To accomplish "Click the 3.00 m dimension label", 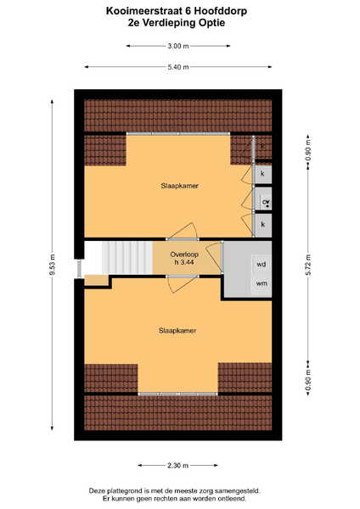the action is click(178, 46).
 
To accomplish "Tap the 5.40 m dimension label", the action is click(178, 67).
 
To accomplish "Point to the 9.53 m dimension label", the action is click(53, 265).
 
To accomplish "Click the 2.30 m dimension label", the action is click(177, 466).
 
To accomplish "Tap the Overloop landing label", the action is click(184, 255).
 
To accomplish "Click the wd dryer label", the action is click(262, 265).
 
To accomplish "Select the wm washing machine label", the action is click(262, 283).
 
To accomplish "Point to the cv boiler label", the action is click(266, 202).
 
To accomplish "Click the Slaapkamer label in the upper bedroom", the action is click(179, 186).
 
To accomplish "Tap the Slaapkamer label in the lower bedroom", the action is click(177, 331).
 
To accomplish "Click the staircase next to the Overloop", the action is click(127, 257).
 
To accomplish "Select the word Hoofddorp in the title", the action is click(221, 11).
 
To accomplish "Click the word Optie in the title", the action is click(211, 23).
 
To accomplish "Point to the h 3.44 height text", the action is click(184, 262).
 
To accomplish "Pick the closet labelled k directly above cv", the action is click(262, 174).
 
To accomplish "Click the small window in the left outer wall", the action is click(79, 268).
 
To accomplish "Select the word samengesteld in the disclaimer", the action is click(240, 491).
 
